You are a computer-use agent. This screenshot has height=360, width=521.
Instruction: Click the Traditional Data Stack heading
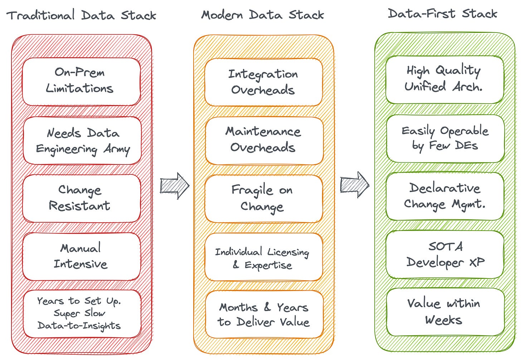(x=81, y=15)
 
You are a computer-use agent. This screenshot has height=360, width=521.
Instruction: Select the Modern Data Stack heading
(x=262, y=15)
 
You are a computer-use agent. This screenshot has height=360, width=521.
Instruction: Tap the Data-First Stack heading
(x=443, y=14)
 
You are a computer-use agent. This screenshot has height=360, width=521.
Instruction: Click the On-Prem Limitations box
(x=81, y=81)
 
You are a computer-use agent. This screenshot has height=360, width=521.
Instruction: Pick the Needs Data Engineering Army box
(x=82, y=140)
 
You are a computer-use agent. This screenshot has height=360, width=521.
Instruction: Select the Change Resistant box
(x=81, y=198)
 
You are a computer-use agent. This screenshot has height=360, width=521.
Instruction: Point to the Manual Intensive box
(x=81, y=256)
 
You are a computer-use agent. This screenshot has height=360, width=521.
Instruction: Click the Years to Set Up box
(x=81, y=314)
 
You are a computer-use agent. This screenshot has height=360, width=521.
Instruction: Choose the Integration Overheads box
(x=263, y=82)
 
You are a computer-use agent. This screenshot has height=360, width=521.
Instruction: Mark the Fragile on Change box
(x=263, y=198)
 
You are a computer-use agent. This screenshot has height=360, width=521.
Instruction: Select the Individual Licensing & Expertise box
(x=263, y=257)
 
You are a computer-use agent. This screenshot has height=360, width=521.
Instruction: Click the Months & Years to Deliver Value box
(x=264, y=315)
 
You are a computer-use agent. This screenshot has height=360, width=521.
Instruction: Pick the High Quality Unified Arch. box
(x=444, y=79)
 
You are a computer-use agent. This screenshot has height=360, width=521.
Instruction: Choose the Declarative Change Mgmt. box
(x=445, y=196)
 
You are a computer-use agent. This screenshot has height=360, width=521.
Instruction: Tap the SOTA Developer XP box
(x=445, y=254)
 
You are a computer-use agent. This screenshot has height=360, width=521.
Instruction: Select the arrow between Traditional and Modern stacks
(x=175, y=186)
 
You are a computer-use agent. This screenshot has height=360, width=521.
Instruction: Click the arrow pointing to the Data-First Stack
(x=355, y=184)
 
